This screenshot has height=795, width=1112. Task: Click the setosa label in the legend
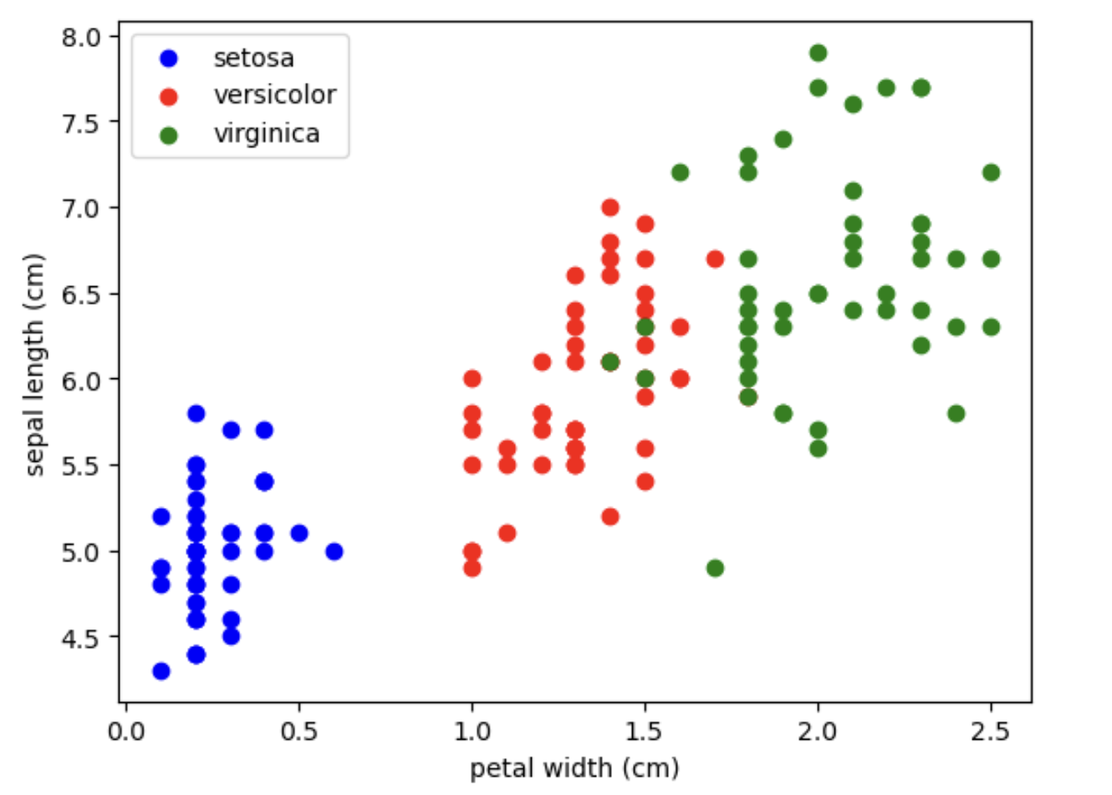253,58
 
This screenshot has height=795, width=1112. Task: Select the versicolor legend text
274,95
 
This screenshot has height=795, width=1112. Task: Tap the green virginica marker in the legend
169,135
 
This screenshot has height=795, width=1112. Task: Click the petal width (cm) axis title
574,767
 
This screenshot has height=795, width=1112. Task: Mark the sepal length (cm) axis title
34,364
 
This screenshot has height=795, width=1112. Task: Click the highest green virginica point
819,53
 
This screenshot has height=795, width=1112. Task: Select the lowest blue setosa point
161,671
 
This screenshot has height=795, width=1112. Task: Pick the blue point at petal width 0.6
334,551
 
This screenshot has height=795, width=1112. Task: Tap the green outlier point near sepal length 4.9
715,568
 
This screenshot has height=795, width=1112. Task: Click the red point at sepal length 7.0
610,208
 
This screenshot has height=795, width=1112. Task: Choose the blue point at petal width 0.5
299,533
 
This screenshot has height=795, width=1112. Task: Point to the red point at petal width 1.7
715,259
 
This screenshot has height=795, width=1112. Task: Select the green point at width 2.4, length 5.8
956,413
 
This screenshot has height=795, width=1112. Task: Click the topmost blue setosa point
196,413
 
